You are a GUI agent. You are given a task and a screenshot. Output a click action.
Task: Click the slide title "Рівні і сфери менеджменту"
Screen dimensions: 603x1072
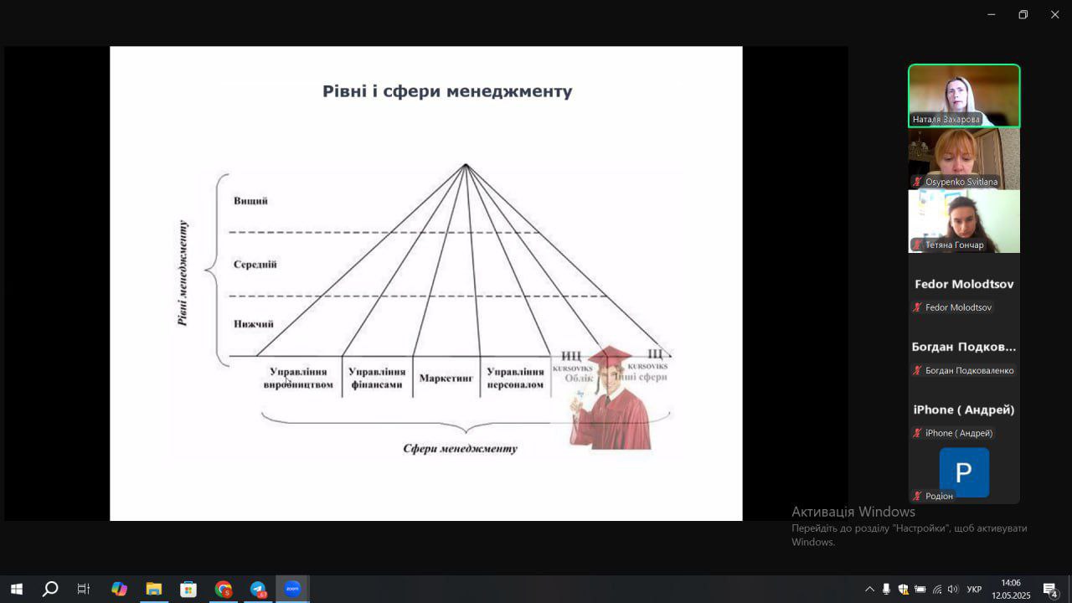coord(447,91)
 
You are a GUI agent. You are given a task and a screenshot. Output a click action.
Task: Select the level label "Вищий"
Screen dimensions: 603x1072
coord(250,201)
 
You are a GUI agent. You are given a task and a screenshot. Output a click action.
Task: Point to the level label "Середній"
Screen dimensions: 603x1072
coord(255,265)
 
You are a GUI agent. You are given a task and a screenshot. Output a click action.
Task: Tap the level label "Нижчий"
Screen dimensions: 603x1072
coord(253,324)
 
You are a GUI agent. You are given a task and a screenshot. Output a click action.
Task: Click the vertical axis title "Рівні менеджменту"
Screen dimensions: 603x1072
coord(183,272)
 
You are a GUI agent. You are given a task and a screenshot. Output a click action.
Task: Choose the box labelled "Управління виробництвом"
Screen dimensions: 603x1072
coord(298,378)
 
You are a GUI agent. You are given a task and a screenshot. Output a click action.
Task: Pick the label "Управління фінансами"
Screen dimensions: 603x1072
coord(377,378)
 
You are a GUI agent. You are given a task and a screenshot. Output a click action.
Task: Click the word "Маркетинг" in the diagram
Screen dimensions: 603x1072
coord(446,379)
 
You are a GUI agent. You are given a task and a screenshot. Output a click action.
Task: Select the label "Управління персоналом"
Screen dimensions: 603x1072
coord(515,378)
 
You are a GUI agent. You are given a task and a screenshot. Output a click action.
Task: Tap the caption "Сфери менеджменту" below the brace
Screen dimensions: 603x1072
coord(460,448)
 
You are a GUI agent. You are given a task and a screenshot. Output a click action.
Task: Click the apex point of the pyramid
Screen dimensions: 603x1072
coord(466,165)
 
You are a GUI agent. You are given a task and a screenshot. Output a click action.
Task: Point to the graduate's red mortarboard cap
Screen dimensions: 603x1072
coord(609,356)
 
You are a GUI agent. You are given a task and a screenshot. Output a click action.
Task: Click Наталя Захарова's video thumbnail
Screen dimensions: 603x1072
coord(964,95)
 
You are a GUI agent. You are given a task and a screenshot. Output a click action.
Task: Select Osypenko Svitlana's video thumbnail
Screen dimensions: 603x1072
coord(964,158)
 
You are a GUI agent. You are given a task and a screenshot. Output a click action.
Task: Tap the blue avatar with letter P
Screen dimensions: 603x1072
coord(964,472)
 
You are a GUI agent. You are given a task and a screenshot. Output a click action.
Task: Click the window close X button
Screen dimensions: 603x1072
coord(1054,14)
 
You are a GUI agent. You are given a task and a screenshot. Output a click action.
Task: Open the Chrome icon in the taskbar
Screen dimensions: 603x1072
coord(223,589)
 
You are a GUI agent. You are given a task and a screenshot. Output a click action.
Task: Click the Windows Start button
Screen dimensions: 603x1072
coord(16,589)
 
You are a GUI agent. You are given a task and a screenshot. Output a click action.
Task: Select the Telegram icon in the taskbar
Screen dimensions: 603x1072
coord(258,589)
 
